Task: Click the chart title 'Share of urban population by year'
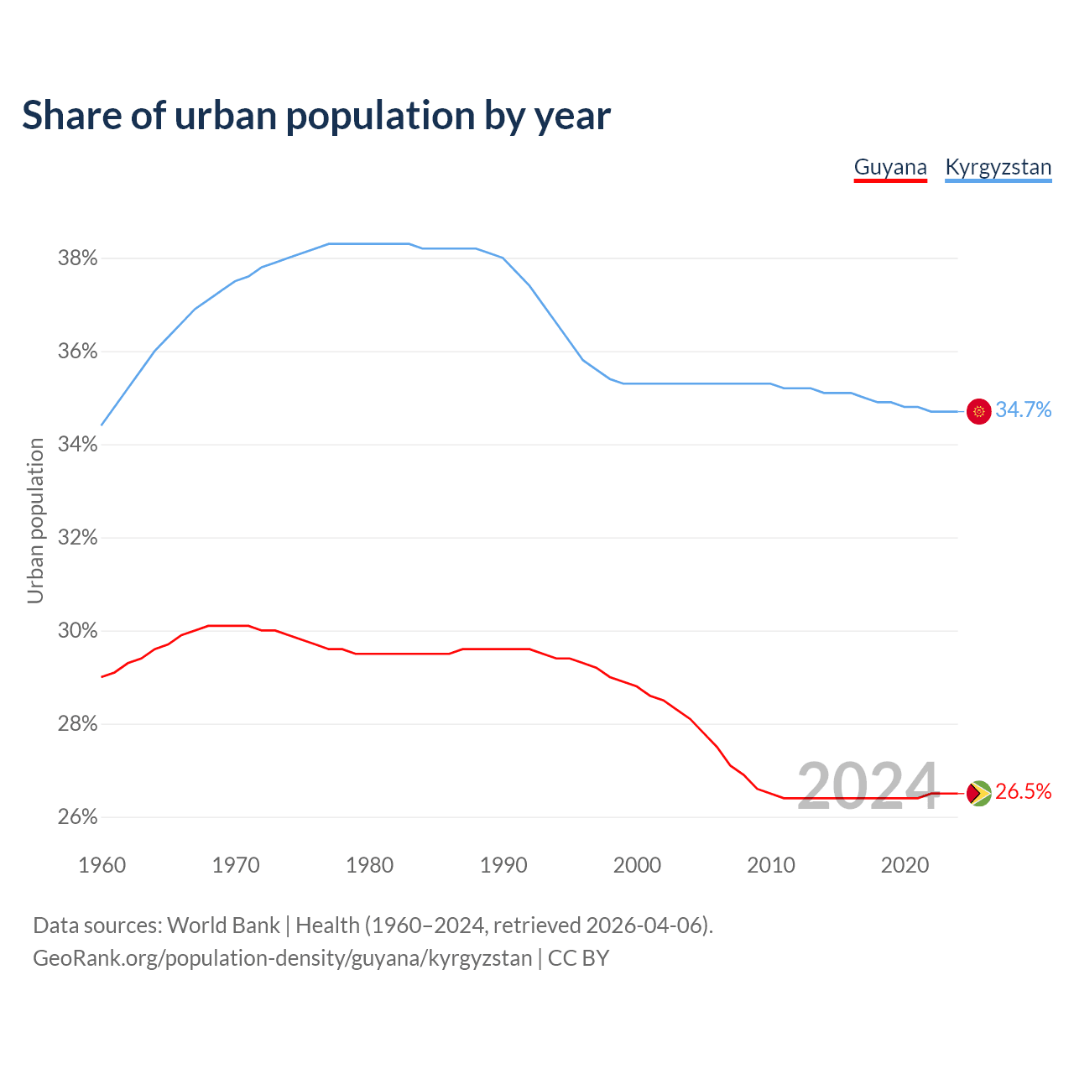(316, 116)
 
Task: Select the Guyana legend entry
(890, 167)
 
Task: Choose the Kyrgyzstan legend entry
(998, 167)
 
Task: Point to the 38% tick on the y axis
(78, 258)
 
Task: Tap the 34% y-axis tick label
(78, 445)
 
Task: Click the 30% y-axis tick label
(78, 631)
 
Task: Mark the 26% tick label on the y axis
(78, 817)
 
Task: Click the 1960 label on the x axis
(102, 865)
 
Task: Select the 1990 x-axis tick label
(503, 865)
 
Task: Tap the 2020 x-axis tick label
(905, 865)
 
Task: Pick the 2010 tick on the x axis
(771, 865)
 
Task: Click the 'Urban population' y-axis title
(35, 520)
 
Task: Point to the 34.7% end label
(1023, 410)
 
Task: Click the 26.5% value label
(1023, 792)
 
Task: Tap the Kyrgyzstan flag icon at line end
(978, 411)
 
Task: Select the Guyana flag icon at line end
(978, 793)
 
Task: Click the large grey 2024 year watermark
(867, 786)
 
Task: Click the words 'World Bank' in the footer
(223, 925)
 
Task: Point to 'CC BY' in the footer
(578, 958)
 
